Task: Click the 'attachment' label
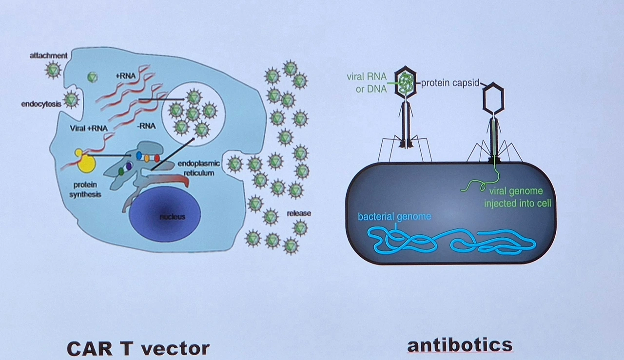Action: pyautogui.click(x=48, y=56)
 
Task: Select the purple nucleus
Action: pyautogui.click(x=165, y=216)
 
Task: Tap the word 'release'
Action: pyautogui.click(x=299, y=213)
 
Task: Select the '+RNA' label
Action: pyautogui.click(x=125, y=76)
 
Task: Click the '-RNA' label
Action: pyautogui.click(x=146, y=126)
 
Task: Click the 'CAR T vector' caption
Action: pyautogui.click(x=138, y=348)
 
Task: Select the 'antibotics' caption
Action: pyautogui.click(x=460, y=345)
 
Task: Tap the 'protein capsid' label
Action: pyautogui.click(x=450, y=83)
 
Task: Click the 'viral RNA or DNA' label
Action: pyautogui.click(x=367, y=83)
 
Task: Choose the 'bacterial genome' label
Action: pyautogui.click(x=394, y=216)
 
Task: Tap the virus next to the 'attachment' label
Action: pyautogui.click(x=53, y=71)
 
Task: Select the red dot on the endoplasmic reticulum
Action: pyautogui.click(x=157, y=158)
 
